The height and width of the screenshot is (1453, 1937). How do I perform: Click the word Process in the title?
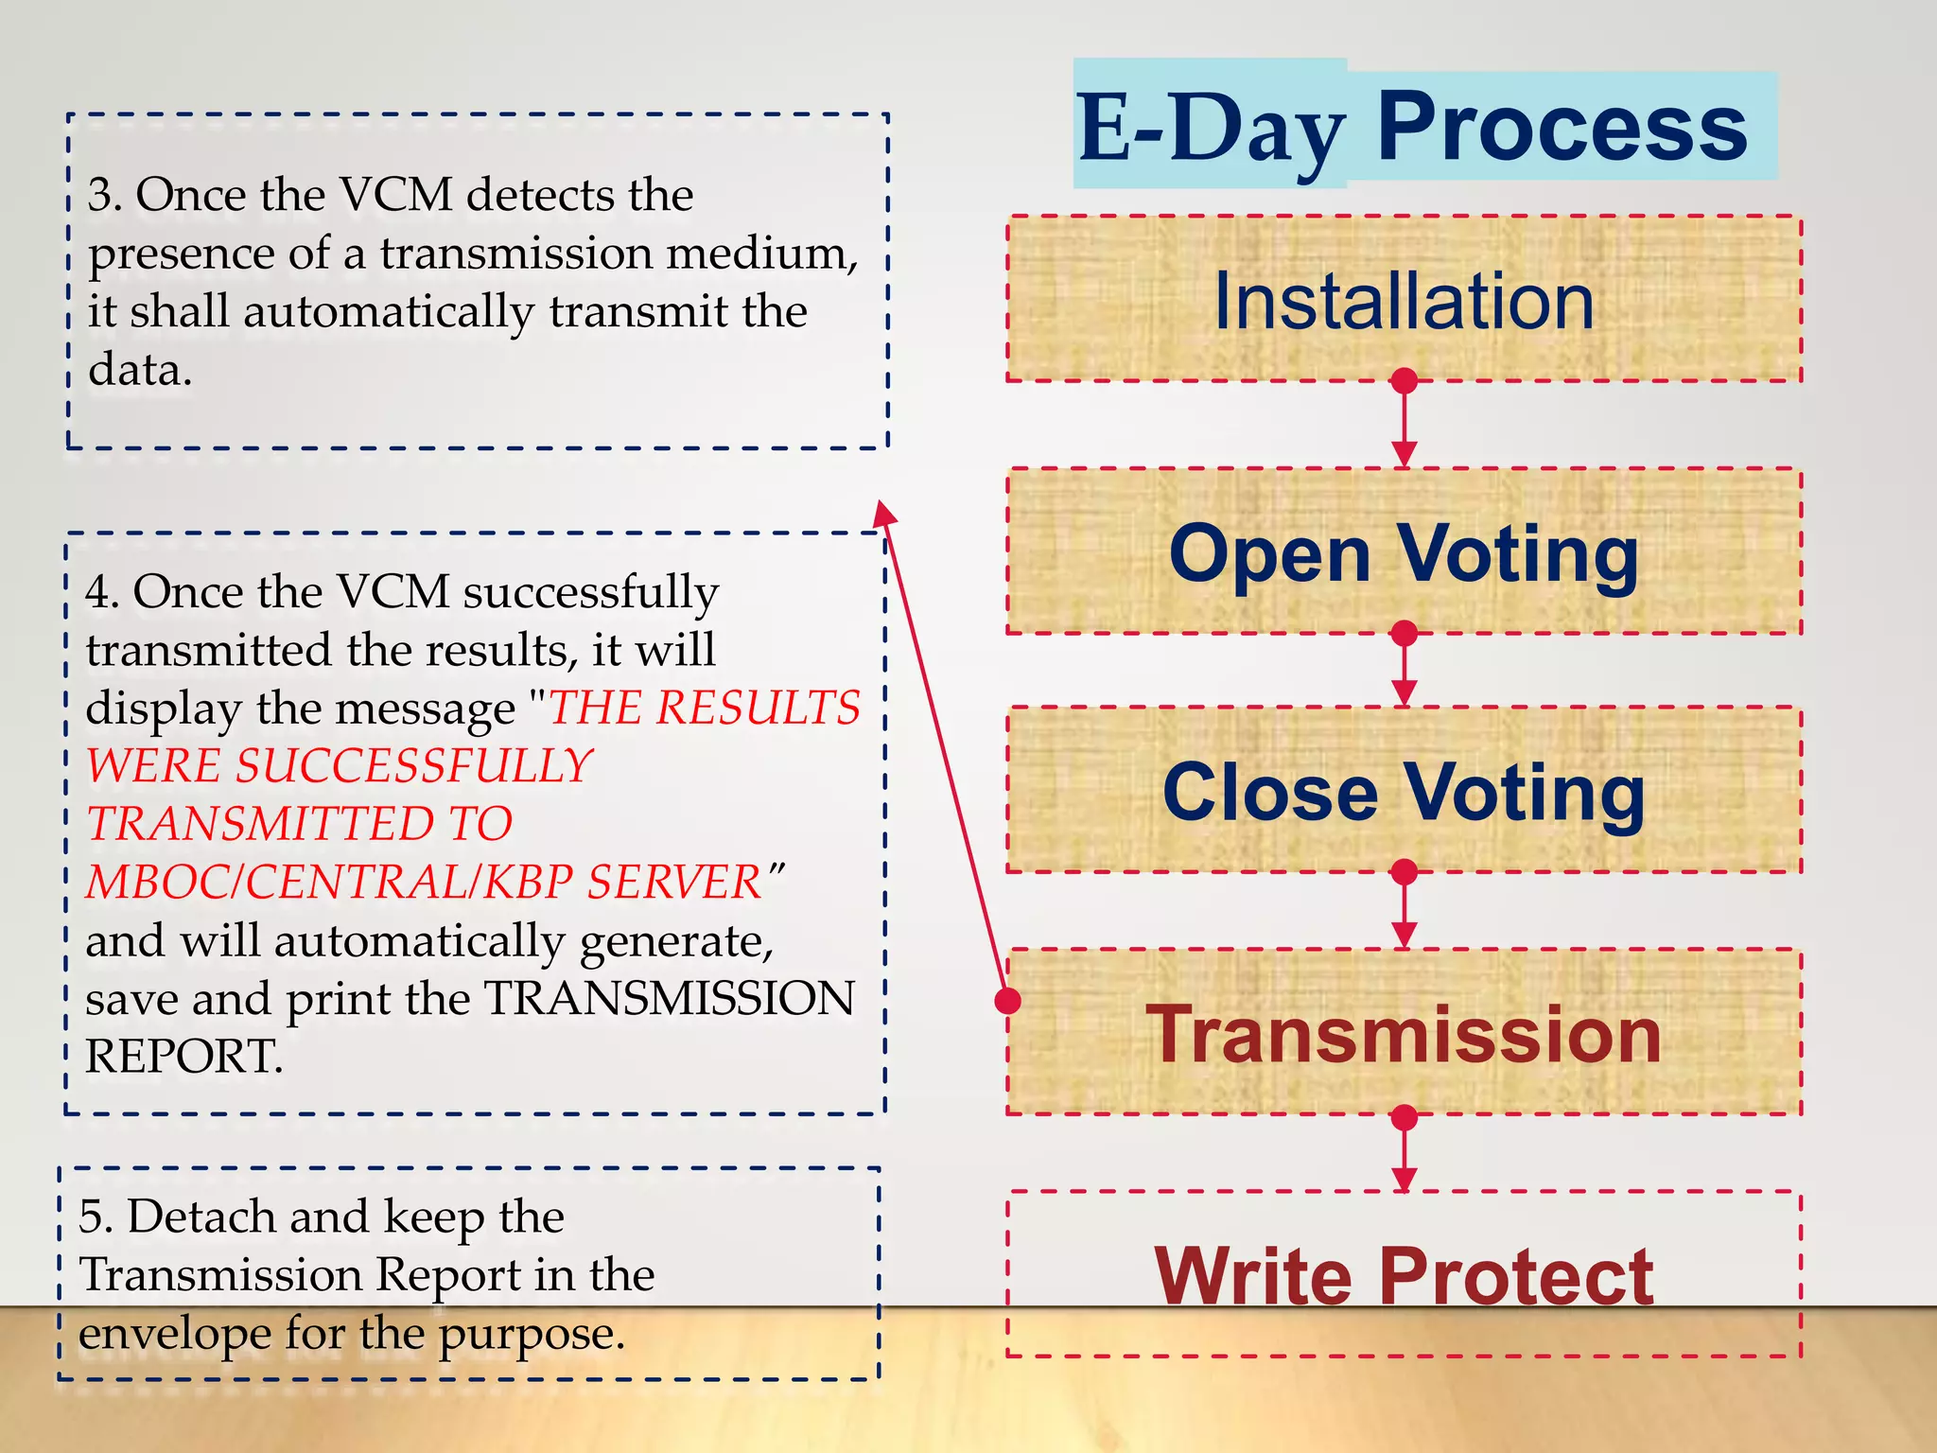pyautogui.click(x=1562, y=127)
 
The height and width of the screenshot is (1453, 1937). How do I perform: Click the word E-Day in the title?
pyautogui.click(x=1211, y=130)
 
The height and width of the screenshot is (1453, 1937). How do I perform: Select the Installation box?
pyautogui.click(x=1404, y=300)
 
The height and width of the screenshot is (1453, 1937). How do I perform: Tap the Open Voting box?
pyautogui.click(x=1404, y=552)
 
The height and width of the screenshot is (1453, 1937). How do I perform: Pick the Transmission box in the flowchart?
pyautogui.click(x=1404, y=1033)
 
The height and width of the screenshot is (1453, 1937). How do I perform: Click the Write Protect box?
pyautogui.click(x=1404, y=1275)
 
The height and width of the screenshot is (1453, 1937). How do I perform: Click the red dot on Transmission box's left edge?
pyautogui.click(x=1009, y=1000)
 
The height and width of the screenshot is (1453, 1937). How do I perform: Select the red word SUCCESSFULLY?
pyautogui.click(x=413, y=765)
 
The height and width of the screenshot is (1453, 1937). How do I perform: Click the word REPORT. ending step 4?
pyautogui.click(x=184, y=1057)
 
